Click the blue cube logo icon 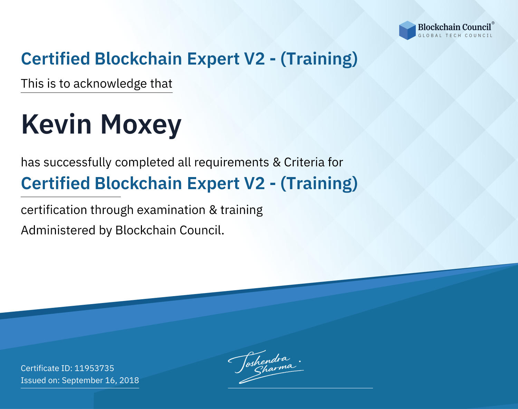click(407, 30)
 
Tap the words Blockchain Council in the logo click(454, 27)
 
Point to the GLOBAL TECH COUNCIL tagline click(455, 36)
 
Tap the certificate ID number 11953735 click(94, 368)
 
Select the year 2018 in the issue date click(129, 380)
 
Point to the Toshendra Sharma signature click(266, 367)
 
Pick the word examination click(171, 210)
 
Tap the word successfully click(77, 163)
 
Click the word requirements click(231, 163)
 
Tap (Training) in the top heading click(319, 59)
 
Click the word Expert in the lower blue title click(213, 184)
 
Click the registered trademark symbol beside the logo click(493, 23)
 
